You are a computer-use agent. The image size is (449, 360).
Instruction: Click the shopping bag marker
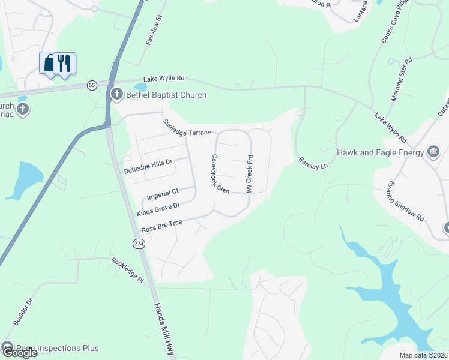(49, 62)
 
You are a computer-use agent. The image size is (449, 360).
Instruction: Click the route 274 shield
(139, 243)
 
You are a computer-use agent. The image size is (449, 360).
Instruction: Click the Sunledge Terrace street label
(187, 127)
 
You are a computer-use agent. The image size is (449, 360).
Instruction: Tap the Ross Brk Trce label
(161, 226)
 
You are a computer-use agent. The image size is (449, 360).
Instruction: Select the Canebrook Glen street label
(219, 173)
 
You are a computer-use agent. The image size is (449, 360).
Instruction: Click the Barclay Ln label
(313, 163)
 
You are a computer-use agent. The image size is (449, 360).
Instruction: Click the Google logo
(19, 353)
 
